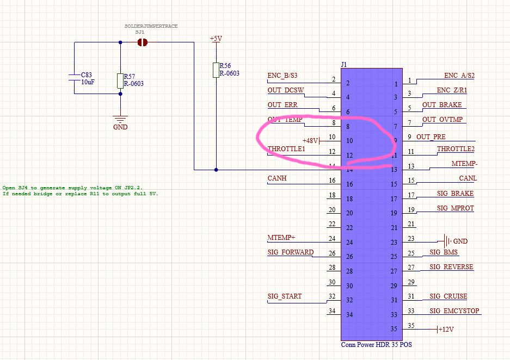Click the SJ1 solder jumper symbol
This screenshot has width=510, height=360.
pos(143,42)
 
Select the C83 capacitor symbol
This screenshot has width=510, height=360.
pos(74,78)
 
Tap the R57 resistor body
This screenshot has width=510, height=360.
pos(120,81)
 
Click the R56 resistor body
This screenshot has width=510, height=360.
pos(216,70)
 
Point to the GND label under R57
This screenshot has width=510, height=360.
pos(120,127)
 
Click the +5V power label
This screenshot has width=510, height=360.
pos(216,39)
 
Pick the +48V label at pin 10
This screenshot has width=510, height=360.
pos(310,140)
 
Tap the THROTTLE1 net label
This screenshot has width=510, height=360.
pos(286,148)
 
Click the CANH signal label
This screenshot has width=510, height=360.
pos(277,178)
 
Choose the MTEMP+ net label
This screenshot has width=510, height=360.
pos(282,238)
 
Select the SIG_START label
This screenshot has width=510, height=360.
pos(285,296)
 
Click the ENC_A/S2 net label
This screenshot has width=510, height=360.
pos(460,76)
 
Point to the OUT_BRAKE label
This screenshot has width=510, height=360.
pos(442,105)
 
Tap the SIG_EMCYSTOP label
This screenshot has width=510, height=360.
pos(454,311)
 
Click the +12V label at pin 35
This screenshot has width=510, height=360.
pos(446,330)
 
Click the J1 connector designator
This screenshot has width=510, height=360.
pos(344,64)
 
